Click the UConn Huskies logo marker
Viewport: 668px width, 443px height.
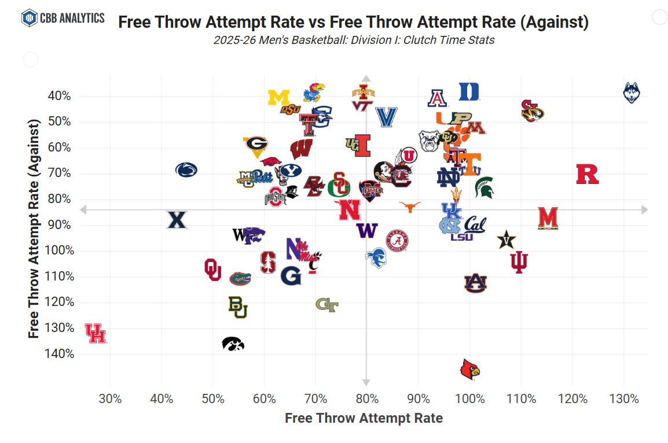631,93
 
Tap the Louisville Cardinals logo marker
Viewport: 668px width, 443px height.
470,369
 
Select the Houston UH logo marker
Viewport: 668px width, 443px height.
96,334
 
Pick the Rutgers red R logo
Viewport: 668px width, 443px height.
587,174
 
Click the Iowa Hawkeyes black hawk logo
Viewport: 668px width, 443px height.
233,344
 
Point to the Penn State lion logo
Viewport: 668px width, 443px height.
186,169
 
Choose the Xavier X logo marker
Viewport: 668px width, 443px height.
177,220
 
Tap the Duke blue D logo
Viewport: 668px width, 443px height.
469,91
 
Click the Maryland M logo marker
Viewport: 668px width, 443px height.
547,218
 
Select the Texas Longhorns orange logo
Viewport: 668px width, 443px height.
410,206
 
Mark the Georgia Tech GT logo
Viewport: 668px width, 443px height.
326,304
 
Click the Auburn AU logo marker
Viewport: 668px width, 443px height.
475,282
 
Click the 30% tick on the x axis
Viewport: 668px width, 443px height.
110,399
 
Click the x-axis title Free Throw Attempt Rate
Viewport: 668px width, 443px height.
364,418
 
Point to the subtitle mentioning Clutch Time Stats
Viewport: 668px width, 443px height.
353,40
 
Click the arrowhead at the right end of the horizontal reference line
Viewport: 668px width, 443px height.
644,209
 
